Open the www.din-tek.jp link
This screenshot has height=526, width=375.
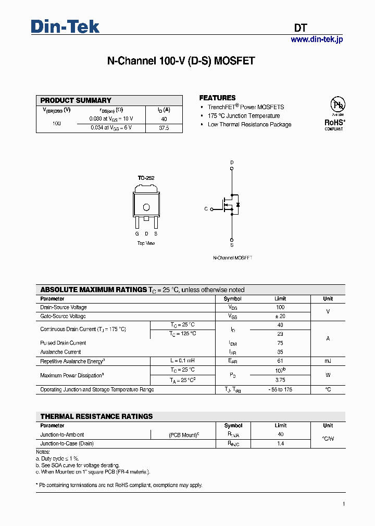click(x=317, y=40)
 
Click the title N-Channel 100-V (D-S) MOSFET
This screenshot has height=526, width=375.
click(x=181, y=61)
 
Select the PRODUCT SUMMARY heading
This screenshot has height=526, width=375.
click(x=76, y=100)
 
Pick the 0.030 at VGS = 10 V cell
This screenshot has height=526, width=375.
click(x=111, y=119)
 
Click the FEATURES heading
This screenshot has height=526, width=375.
click(x=217, y=98)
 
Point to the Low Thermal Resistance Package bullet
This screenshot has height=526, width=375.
click(x=249, y=125)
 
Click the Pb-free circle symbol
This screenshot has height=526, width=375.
click(x=339, y=106)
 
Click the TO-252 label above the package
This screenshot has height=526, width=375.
click(x=146, y=178)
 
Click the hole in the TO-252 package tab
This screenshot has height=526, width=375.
click(x=146, y=207)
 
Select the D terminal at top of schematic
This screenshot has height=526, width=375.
click(x=232, y=163)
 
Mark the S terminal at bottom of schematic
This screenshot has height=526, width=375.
click(x=232, y=244)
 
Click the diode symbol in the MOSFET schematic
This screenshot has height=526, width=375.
click(x=238, y=205)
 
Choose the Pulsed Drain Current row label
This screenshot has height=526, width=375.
click(x=63, y=343)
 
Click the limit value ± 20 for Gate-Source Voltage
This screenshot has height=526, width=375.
click(x=280, y=316)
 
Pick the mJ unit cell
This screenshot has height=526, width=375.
click(x=328, y=361)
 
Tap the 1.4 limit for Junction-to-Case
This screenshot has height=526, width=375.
click(x=280, y=444)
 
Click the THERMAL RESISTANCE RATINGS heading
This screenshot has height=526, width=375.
click(x=96, y=416)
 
